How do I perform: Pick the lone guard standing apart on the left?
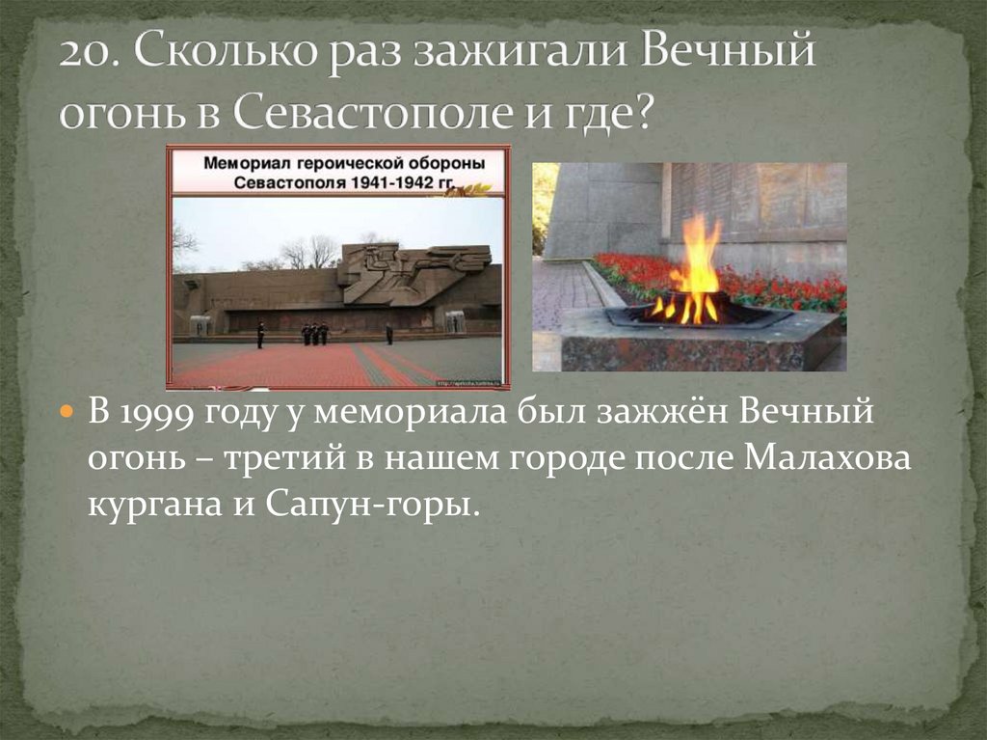click(x=260, y=334)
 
